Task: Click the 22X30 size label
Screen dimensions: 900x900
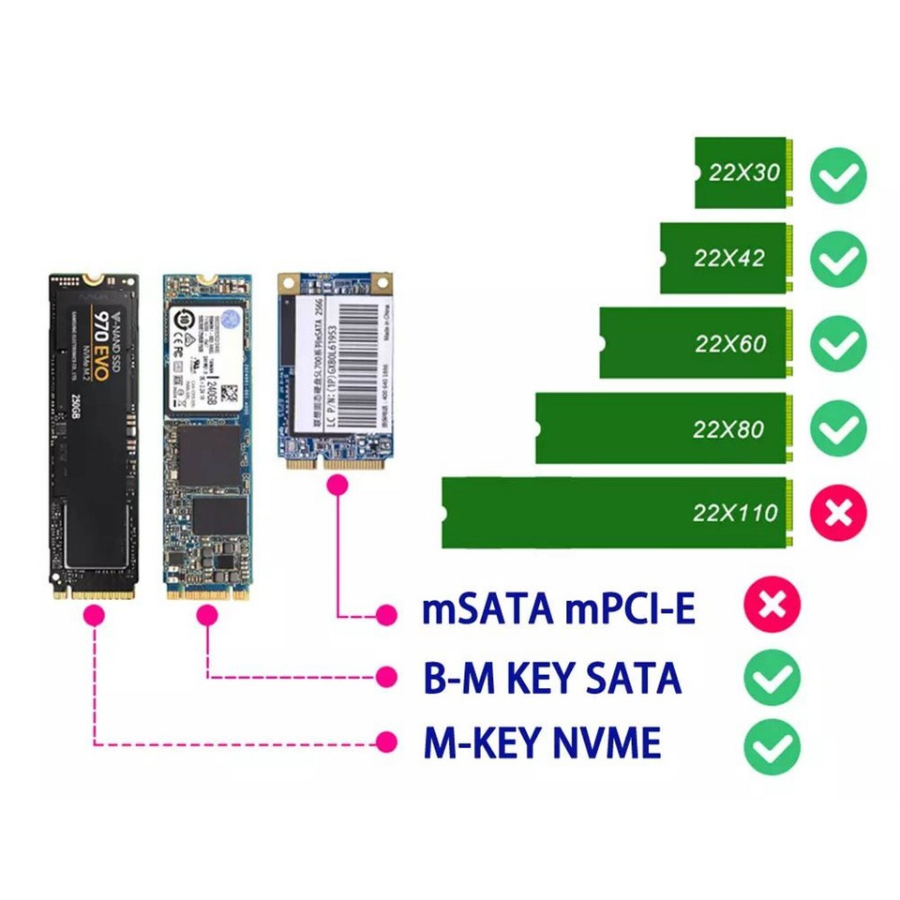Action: click(744, 172)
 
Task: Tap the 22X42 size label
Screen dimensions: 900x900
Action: click(728, 258)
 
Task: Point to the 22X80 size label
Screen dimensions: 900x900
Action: click(728, 429)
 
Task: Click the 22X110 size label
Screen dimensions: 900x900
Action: click(735, 513)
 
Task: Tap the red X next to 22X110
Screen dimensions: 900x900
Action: click(838, 513)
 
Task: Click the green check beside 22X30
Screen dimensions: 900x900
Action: click(838, 174)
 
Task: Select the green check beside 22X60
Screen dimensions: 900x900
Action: click(838, 344)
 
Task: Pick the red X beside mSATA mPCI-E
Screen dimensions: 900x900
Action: click(772, 605)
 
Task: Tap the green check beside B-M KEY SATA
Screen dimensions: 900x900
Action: click(772, 677)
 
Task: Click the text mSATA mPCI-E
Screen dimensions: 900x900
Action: click(559, 609)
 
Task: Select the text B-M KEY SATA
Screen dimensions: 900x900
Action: click(552, 677)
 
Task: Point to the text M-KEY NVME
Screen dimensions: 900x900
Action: click(543, 743)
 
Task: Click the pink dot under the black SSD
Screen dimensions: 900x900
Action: click(93, 616)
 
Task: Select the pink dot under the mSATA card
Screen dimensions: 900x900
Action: click(337, 485)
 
